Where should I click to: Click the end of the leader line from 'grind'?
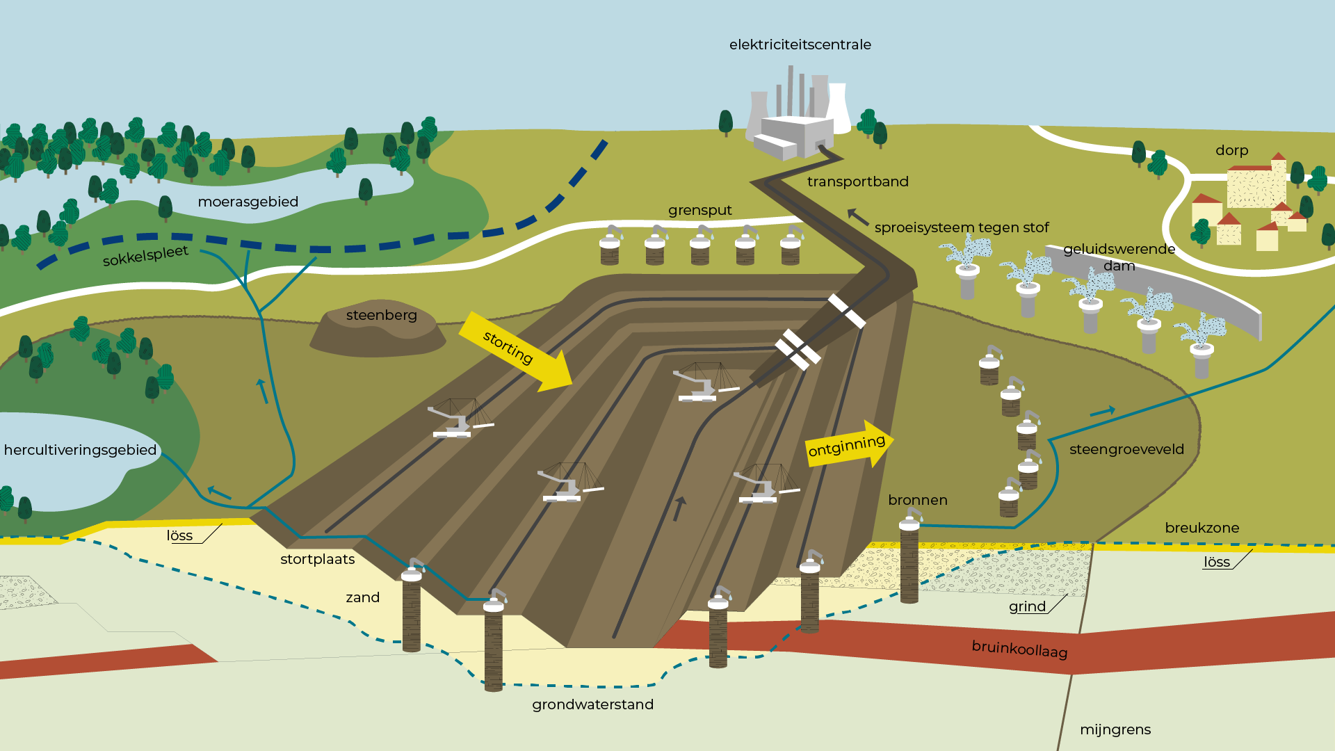coord(1067,595)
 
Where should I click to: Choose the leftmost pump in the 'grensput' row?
coord(610,245)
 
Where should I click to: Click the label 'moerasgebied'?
coord(248,202)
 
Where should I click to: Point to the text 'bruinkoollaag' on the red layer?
coord(1019,649)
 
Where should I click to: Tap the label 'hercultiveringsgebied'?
coord(81,450)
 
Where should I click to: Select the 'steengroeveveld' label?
coord(1126,449)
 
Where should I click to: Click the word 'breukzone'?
coord(1201,528)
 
